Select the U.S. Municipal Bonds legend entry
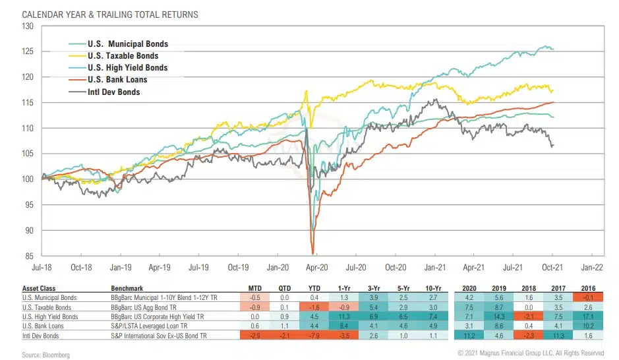[x=127, y=44]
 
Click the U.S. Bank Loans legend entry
[x=117, y=80]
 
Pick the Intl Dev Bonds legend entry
[x=113, y=92]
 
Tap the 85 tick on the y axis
[x=29, y=256]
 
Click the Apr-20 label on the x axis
[x=318, y=268]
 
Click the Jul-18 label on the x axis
[x=43, y=268]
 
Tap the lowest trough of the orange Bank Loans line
[x=312, y=253]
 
